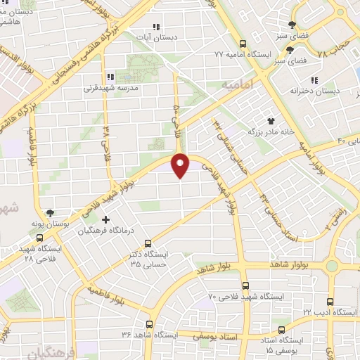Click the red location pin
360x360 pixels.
point(181,165)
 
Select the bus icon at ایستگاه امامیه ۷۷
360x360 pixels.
point(243,42)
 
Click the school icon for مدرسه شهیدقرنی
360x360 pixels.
point(110,77)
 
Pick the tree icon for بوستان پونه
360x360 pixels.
point(50,212)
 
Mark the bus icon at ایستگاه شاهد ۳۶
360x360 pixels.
point(149,324)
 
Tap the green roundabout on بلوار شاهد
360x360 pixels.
point(330,266)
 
